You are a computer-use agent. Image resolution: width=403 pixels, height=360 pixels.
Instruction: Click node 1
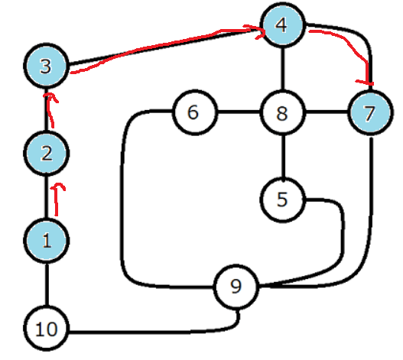tap(46, 241)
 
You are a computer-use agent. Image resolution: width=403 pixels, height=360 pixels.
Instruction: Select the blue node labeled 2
tap(46, 153)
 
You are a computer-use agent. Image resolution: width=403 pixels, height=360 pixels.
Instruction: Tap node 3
tap(46, 66)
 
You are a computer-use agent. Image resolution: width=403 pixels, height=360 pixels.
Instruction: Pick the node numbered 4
tap(283, 25)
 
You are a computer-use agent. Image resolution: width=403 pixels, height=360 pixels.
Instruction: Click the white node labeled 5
tap(283, 199)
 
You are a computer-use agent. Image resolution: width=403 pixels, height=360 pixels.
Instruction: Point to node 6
tap(194, 112)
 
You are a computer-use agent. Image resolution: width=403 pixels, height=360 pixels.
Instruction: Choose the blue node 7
tap(370, 112)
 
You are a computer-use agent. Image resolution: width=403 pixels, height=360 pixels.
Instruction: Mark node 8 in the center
tap(283, 112)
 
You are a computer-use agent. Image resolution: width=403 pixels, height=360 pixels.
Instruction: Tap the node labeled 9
tap(236, 287)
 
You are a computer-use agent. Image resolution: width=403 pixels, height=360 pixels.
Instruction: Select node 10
tap(46, 328)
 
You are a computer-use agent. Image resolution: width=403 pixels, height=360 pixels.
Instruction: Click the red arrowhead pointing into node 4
tap(259, 32)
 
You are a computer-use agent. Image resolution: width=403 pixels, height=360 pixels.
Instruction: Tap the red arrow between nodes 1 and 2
tap(57, 199)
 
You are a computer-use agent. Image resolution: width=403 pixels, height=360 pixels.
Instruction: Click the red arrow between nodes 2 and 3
tap(50, 110)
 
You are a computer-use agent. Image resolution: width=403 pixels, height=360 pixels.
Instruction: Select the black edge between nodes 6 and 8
tap(239, 112)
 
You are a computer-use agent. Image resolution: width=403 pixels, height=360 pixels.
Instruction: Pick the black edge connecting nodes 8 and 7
tap(327, 112)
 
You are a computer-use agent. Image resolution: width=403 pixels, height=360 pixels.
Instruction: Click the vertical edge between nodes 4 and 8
tap(283, 69)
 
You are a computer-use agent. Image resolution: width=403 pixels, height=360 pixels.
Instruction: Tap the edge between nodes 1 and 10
tap(47, 284)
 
